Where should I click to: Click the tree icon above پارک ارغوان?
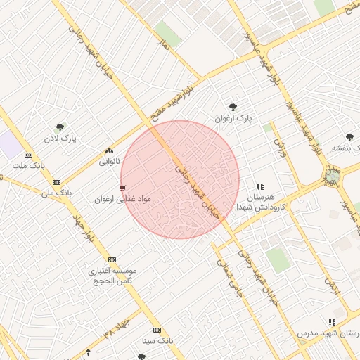click(x=233, y=107)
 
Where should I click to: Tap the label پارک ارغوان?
click(x=233, y=118)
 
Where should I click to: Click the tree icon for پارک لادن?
click(x=60, y=128)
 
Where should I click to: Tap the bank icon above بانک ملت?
click(x=28, y=155)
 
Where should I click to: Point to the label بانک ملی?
click(x=56, y=191)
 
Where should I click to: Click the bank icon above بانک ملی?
click(x=56, y=181)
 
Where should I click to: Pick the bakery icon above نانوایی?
click(x=109, y=151)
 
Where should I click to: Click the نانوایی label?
click(x=109, y=162)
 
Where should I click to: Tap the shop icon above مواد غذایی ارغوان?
click(x=123, y=188)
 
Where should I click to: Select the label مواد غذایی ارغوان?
click(x=123, y=200)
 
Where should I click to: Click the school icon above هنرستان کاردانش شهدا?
click(x=260, y=186)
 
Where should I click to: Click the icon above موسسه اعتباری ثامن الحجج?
click(x=112, y=259)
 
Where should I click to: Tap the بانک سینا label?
click(x=156, y=340)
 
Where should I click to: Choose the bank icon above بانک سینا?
click(x=156, y=330)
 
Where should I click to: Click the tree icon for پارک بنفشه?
click(x=349, y=137)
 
